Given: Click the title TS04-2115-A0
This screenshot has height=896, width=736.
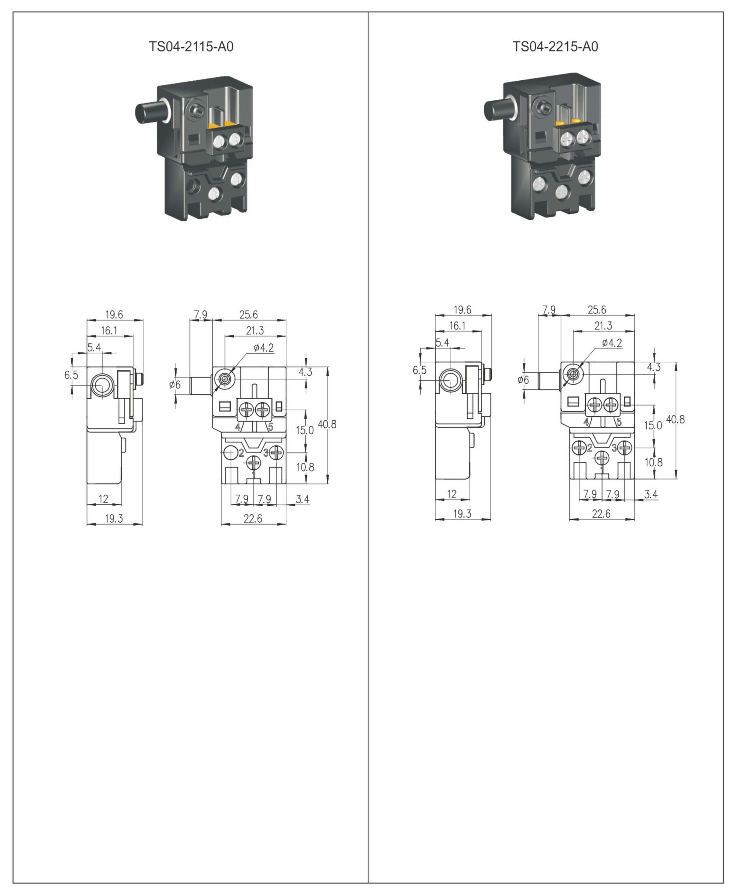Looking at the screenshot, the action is pyautogui.click(x=191, y=47).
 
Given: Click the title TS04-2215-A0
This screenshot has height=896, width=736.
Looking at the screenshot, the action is pyautogui.click(x=555, y=47).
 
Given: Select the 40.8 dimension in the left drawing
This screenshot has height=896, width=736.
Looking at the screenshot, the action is pyautogui.click(x=327, y=424).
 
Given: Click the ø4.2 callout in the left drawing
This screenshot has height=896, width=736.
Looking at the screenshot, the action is pyautogui.click(x=264, y=348).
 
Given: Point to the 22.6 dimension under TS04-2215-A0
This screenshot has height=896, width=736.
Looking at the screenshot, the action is pyautogui.click(x=601, y=514).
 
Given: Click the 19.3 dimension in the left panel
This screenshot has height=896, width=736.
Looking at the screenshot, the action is pyautogui.click(x=114, y=518).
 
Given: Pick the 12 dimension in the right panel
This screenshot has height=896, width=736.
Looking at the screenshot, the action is pyautogui.click(x=452, y=494).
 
